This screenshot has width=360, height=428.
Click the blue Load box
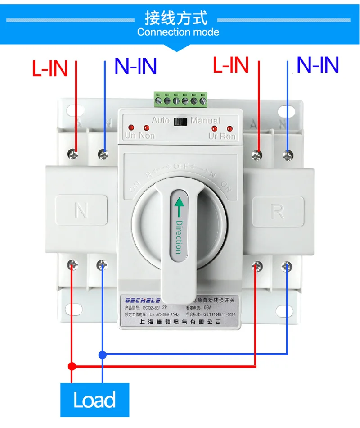[x=94, y=400]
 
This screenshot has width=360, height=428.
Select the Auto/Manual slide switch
[x=181, y=121]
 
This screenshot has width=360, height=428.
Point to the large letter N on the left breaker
[x=81, y=210]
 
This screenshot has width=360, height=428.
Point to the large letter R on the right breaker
[x=278, y=211]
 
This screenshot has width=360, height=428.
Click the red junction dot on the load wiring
[x=72, y=365]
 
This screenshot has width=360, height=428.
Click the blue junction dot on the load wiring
[x=103, y=355]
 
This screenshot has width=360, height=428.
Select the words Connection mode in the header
[x=178, y=32]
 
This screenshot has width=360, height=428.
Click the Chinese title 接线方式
[x=176, y=18]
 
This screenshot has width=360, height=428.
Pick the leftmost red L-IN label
[x=50, y=68]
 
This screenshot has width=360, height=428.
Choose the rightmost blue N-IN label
[x=318, y=65]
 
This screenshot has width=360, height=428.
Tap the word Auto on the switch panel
[x=160, y=120]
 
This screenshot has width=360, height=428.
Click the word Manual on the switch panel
[x=205, y=120]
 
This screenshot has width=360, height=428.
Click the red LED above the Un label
[x=131, y=127]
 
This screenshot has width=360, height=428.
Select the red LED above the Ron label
[x=229, y=128]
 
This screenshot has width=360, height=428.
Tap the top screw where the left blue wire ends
[x=103, y=155]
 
